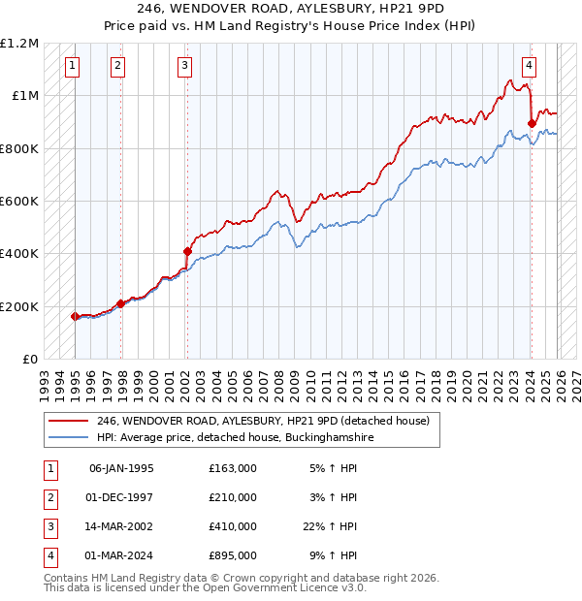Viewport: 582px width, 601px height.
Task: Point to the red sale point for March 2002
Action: coord(187,251)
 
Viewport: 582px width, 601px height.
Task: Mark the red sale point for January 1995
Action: coord(75,316)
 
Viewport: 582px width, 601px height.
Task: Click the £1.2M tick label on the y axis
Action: coord(19,44)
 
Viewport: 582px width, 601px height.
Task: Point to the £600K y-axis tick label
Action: coord(19,202)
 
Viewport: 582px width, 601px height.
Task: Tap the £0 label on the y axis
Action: coord(29,360)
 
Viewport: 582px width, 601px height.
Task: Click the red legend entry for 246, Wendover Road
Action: coord(268,421)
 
